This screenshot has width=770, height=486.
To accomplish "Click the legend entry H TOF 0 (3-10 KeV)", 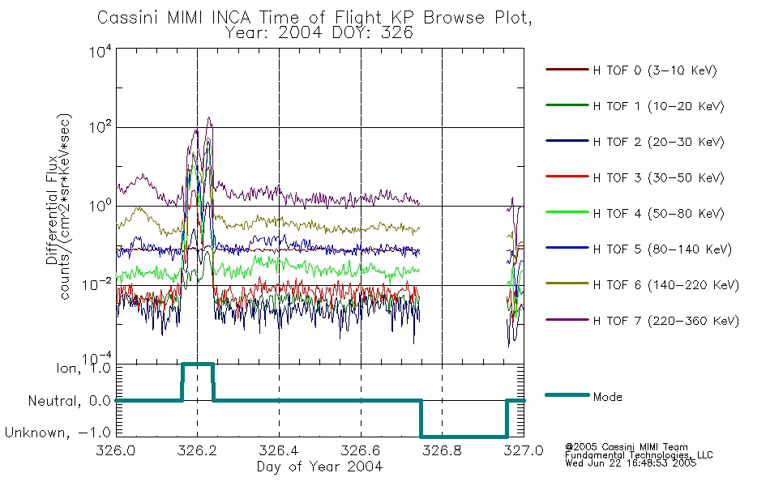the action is pos(655,70).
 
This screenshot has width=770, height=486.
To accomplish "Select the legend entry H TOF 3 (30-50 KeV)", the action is pos(658,177).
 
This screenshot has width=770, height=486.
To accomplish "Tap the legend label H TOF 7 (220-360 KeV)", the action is pos(666,321).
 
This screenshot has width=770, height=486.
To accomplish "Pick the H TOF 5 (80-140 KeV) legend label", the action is pos(662,249).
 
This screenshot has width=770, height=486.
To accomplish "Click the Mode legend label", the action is pos(607,397).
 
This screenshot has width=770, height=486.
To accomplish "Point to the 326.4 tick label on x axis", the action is pos(279,450).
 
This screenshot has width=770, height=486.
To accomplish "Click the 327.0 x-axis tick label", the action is pos(524,450).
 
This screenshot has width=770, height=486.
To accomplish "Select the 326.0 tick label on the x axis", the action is pos(116,450).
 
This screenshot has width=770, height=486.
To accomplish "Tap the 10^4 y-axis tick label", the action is pos(101,50).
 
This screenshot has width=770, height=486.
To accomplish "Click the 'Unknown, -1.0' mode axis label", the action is pos(58,433).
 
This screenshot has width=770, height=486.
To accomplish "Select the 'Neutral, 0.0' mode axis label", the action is pos(69,401).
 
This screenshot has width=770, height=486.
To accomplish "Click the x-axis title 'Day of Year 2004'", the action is pos(319,466).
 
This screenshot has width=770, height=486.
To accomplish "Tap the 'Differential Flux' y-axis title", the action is pos(52,210).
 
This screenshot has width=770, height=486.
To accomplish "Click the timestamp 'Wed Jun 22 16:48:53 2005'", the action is pos(631,463).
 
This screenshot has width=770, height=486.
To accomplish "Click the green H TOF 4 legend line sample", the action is pos(567,212).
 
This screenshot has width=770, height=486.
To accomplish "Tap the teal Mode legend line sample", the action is pos(567,394).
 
